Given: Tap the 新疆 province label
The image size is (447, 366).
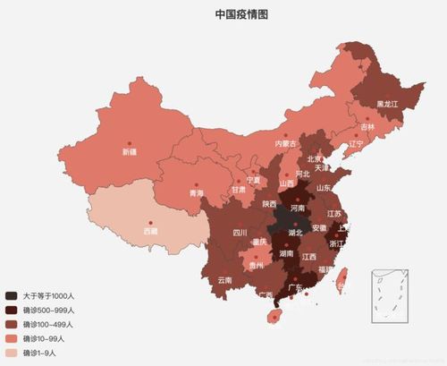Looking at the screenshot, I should pyautogui.click(x=131, y=152).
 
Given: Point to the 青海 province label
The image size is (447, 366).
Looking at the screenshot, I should pyautogui.click(x=196, y=193).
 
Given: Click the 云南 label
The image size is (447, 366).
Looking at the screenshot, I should pyautogui.click(x=224, y=280).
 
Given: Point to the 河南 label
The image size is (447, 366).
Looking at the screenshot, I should pyautogui.click(x=299, y=208).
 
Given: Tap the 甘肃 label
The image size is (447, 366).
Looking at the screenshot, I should pyautogui.click(x=238, y=190).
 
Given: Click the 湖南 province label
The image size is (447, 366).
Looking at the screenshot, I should pyautogui.click(x=288, y=254).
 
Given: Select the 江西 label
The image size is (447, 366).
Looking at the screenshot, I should pyautogui.click(x=309, y=257).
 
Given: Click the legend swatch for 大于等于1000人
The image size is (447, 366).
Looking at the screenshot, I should pyautogui.click(x=11, y=294).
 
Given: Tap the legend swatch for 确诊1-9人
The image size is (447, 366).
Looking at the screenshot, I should pyautogui.click(x=11, y=353).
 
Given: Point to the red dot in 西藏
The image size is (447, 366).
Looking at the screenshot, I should pyautogui.click(x=151, y=222).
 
